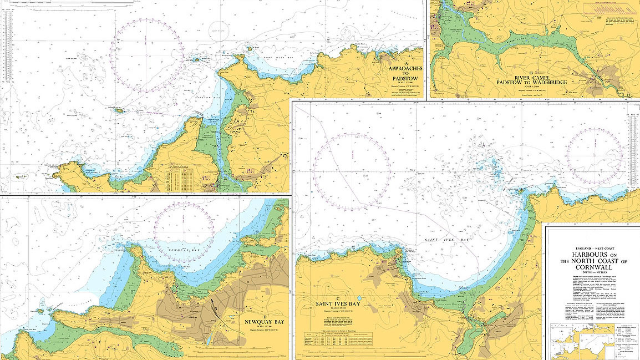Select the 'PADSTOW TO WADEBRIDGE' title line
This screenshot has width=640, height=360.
click(532, 83)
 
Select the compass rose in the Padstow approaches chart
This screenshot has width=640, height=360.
click(147, 55)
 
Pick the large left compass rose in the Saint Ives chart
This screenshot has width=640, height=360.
click(351, 167)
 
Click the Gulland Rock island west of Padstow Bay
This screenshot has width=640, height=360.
click(120, 111)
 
